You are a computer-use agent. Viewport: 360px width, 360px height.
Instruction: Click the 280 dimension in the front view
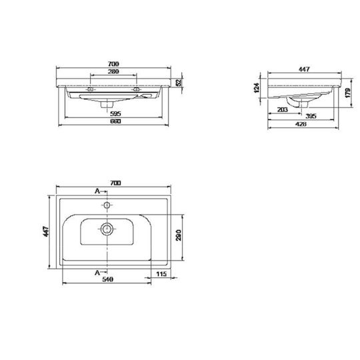pos(113,71)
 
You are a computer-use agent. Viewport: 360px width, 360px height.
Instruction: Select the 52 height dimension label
pos(179,83)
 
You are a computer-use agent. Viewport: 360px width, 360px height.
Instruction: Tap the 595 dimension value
pos(115,113)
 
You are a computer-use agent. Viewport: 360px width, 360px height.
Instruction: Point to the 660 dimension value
pos(115,121)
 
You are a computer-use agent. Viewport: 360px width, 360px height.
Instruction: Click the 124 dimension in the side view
pos(257,88)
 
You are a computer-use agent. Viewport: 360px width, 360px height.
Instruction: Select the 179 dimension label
pos(348,93)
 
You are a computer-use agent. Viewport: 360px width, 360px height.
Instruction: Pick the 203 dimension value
pos(283,110)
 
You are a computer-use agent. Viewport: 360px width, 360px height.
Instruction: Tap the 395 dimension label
pos(311,116)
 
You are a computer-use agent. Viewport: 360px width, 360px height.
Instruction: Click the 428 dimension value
pos(301,124)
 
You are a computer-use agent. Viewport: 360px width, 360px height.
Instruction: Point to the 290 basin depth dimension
pos(179,235)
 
